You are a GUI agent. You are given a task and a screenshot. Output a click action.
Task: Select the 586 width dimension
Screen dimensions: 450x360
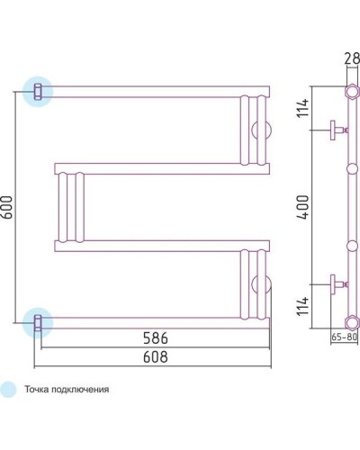[x=154, y=337]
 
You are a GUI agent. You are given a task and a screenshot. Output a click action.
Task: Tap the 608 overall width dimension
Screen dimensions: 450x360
[x=154, y=357]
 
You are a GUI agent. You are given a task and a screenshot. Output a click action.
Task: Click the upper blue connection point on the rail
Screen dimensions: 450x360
[x=38, y=92]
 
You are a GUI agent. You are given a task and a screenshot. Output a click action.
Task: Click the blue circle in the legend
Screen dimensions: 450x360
[x=9, y=390]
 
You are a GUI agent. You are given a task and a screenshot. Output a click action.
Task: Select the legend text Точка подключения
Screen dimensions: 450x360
[x=67, y=390]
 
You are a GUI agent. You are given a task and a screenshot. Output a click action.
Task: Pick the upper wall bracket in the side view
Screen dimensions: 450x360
[x=336, y=130]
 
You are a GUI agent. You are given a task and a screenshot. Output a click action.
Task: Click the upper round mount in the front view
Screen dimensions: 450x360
[x=262, y=128]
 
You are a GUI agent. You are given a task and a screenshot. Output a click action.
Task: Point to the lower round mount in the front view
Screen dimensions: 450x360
[x=262, y=285]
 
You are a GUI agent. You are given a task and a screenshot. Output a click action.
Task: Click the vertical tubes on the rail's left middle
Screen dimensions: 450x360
[x=71, y=207]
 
